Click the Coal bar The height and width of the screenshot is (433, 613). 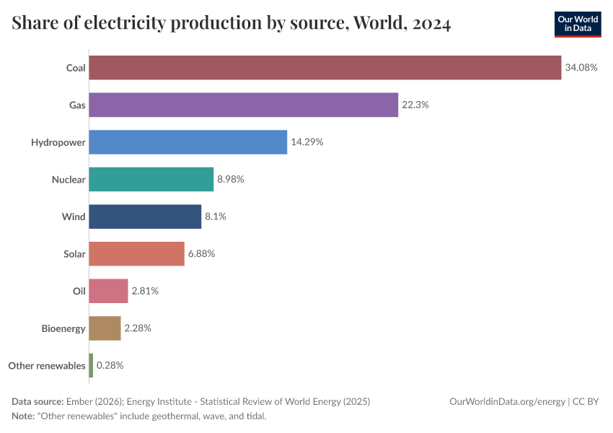(325, 68)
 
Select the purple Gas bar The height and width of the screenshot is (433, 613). (243, 105)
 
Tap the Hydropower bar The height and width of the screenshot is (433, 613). (188, 142)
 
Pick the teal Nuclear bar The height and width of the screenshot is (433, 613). (151, 180)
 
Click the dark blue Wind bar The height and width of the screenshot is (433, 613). (145, 216)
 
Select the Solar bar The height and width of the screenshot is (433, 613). (136, 254)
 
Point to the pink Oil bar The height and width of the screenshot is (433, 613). (108, 291)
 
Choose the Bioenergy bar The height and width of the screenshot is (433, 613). (105, 328)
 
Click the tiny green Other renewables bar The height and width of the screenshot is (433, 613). (91, 365)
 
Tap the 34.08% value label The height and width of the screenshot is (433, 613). (581, 68)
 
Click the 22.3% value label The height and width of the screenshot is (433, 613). (415, 105)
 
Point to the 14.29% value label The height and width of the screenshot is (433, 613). (306, 142)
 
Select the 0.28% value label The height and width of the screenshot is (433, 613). (110, 365)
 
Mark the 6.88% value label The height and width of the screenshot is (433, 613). (201, 254)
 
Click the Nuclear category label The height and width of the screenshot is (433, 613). (69, 180)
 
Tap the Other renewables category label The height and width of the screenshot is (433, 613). (47, 365)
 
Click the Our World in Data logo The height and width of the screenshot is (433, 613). (577, 24)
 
